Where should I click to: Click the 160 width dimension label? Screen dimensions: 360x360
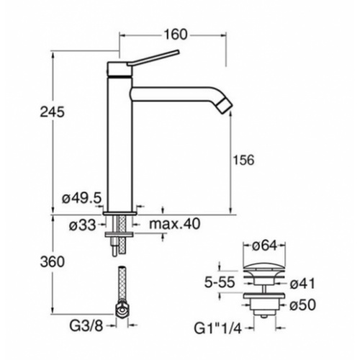pyautogui.click(x=175, y=35)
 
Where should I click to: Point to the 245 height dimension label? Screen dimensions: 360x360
pyautogui.click(x=53, y=112)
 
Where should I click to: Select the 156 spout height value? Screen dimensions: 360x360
pyautogui.click(x=243, y=160)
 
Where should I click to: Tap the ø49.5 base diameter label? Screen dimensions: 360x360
pyautogui.click(x=82, y=198)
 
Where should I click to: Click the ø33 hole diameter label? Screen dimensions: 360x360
pyautogui.click(x=82, y=225)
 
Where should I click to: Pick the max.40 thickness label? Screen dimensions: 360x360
pyautogui.click(x=174, y=224)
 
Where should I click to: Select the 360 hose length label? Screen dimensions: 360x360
pyautogui.click(x=53, y=261)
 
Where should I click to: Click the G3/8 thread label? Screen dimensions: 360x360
pyautogui.click(x=86, y=326)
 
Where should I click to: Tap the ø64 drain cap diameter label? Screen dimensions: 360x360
pyautogui.click(x=264, y=246)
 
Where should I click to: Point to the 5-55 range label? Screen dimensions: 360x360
pyautogui.click(x=220, y=282)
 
